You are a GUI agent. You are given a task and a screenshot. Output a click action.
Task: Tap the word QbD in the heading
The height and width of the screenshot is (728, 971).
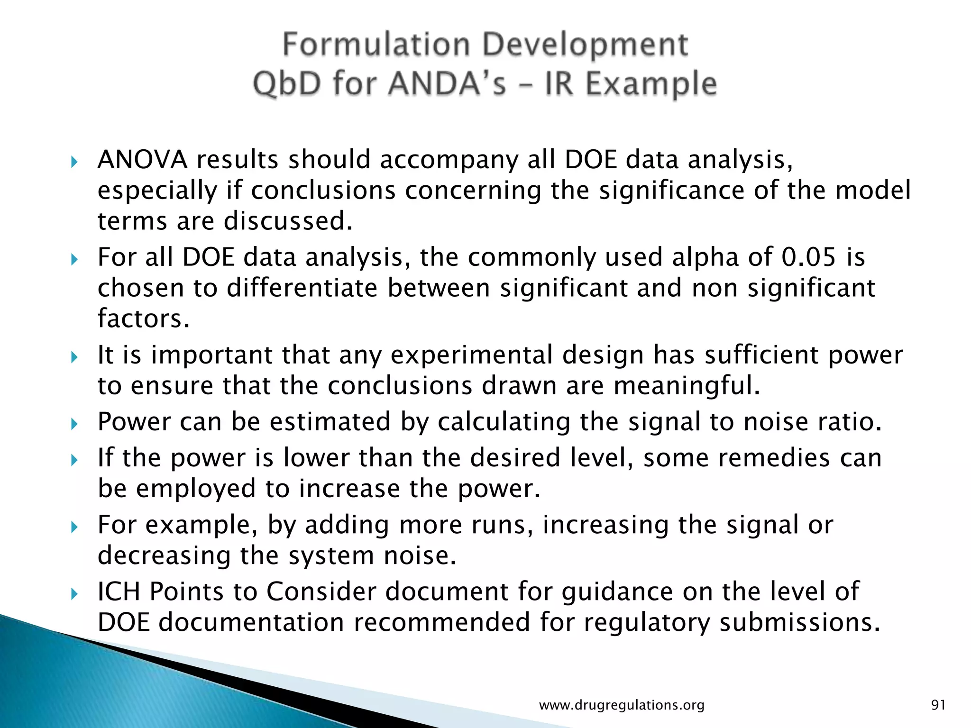[x=285, y=84]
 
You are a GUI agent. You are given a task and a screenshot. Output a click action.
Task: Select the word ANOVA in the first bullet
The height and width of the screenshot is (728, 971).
[x=142, y=160]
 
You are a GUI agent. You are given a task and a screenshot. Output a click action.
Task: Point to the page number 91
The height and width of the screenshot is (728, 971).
[x=938, y=705]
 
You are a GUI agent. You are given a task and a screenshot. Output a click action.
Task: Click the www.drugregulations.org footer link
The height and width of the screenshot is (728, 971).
[x=622, y=705]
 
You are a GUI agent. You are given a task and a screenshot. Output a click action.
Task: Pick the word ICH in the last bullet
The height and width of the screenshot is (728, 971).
[x=119, y=591]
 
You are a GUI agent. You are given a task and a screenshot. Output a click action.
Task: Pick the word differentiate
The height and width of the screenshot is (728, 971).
[x=302, y=288]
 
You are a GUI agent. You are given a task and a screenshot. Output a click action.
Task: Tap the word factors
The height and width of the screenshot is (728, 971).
[x=143, y=318]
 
